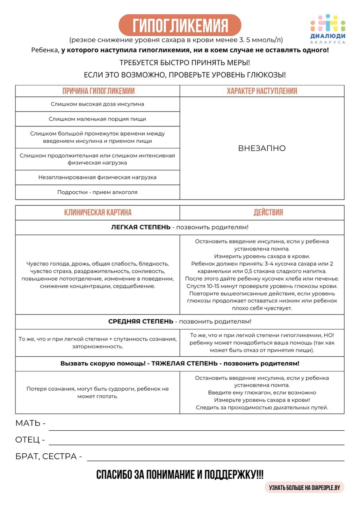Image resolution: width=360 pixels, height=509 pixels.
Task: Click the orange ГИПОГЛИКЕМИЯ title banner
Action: click(x=180, y=25)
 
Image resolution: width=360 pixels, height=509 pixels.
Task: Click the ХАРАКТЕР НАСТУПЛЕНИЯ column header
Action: click(x=262, y=91)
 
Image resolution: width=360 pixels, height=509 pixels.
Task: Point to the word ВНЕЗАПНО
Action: click(x=262, y=148)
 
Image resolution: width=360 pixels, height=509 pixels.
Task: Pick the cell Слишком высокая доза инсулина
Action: click(x=97, y=104)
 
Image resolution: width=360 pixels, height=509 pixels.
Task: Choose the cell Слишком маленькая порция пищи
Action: click(x=97, y=119)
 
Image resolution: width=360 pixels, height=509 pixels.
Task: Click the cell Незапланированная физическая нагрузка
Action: click(x=97, y=177)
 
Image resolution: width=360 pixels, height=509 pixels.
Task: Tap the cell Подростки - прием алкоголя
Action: click(x=97, y=192)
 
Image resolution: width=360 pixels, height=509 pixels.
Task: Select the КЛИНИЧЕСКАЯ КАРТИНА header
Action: click(x=98, y=212)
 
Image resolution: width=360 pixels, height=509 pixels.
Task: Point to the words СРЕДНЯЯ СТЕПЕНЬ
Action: click(x=140, y=321)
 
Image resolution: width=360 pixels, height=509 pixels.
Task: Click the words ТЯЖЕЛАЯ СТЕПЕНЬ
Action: click(x=185, y=363)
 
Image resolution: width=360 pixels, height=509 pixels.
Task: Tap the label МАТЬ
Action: click(x=28, y=423)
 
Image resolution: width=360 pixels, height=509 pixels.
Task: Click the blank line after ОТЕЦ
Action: click(x=196, y=441)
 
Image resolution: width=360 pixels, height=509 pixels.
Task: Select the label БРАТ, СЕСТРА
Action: click(x=46, y=457)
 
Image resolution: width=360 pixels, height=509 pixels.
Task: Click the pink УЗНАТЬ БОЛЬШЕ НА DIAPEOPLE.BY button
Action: click(x=304, y=487)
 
